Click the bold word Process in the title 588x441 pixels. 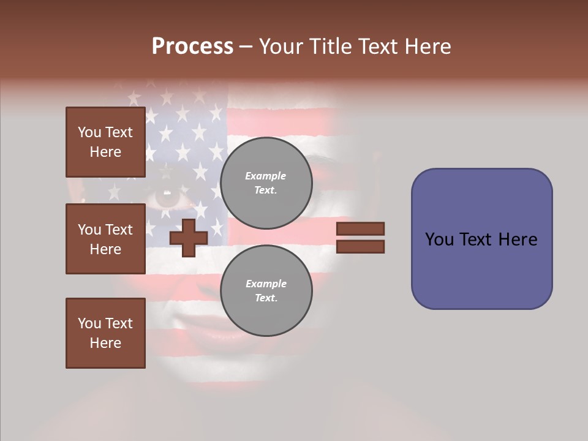192,47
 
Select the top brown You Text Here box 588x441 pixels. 105,142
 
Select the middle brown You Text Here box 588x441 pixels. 105,239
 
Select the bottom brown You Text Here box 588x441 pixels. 105,333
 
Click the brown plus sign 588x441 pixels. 188,237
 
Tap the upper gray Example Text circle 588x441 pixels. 266,183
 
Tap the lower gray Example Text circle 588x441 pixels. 266,291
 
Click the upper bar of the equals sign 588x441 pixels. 360,228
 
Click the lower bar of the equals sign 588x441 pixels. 360,246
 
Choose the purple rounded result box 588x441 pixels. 481,239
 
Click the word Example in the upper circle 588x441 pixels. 266,176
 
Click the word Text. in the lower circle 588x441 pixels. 266,298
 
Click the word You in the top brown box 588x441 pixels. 89,132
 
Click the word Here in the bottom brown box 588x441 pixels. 105,343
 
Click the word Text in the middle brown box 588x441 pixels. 118,230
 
